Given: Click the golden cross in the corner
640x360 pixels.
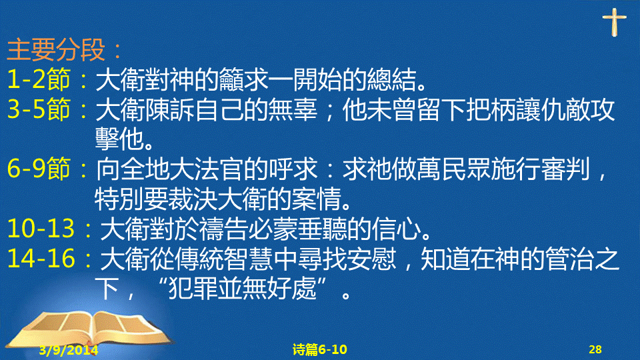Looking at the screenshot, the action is pyautogui.click(x=614, y=22).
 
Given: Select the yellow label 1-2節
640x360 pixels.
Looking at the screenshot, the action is pyautogui.click(x=39, y=79).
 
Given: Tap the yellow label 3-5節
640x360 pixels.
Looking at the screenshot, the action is pyautogui.click(x=39, y=109).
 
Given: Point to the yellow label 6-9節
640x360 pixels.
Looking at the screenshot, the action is pyautogui.click(x=39, y=169).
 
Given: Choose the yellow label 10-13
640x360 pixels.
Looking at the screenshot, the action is pyautogui.click(x=41, y=229).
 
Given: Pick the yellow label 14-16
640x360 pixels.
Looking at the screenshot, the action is pyautogui.click(x=41, y=259).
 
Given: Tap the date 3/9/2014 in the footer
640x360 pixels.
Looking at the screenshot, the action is pyautogui.click(x=69, y=350).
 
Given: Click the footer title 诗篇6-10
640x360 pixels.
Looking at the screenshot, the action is pyautogui.click(x=319, y=349).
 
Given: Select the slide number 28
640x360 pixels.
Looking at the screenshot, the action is pyautogui.click(x=595, y=349).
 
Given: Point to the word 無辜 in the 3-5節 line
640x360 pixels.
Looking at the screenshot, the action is pyautogui.click(x=293, y=109).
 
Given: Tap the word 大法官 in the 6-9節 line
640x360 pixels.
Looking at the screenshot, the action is pyautogui.click(x=181, y=169).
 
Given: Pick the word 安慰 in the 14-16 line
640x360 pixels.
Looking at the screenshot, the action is pyautogui.click(x=372, y=259).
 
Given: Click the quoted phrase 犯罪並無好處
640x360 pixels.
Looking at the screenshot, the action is pyautogui.click(x=243, y=289).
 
